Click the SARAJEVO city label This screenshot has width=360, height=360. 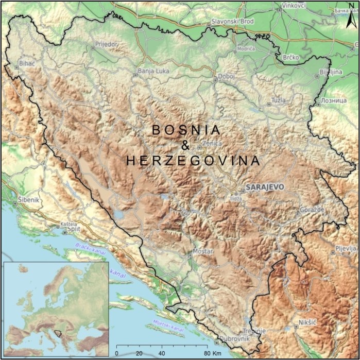coord(264,186)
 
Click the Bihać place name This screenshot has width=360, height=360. coord(26,63)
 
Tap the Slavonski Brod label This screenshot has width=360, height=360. coord(233,22)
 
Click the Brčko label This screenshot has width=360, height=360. coord(290,58)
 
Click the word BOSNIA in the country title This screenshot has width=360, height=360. coord(186,130)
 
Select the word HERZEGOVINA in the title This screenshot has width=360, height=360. coord(193,161)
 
